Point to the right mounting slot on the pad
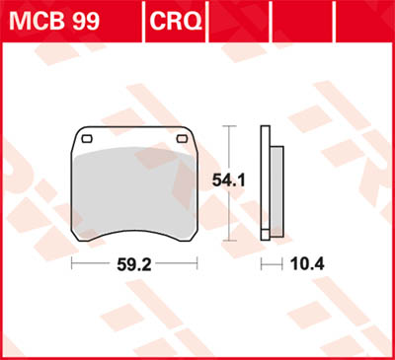(x=182, y=139)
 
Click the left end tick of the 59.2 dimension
(x=71, y=264)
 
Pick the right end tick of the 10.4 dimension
(x=284, y=264)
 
